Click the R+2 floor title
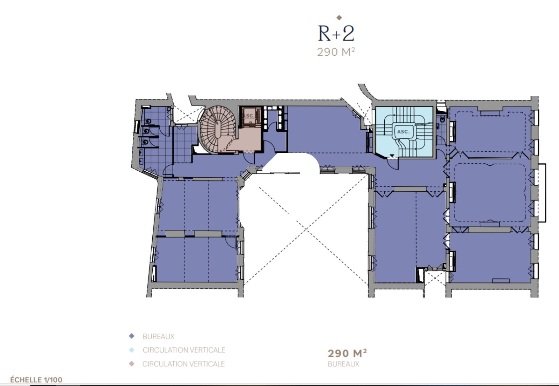[x=336, y=33]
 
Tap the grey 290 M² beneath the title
[x=336, y=52]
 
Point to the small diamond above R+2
[x=339, y=17]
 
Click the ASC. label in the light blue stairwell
[x=403, y=131]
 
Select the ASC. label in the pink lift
[x=249, y=116]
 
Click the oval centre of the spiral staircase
[x=218, y=129]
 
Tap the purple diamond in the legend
[x=131, y=336]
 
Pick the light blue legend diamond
[x=131, y=350]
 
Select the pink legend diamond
[x=131, y=364]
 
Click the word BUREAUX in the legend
[x=159, y=337]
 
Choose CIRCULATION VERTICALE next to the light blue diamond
[x=184, y=350]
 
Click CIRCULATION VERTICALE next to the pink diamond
[x=184, y=364]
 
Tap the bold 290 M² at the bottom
[x=347, y=353]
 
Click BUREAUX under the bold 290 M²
[x=343, y=364]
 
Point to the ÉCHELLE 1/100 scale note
[x=36, y=380]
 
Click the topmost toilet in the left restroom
[x=148, y=121]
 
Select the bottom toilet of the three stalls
[x=145, y=142]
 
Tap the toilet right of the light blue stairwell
[x=442, y=119]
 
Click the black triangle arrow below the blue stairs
[x=392, y=156]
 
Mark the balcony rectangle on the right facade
[x=542, y=193]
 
